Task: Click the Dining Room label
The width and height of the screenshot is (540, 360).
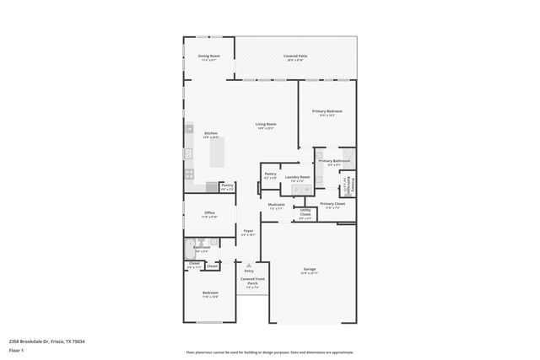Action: (208, 56)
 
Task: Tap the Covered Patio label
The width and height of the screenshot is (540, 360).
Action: (296, 56)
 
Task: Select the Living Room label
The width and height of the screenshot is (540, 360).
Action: (267, 125)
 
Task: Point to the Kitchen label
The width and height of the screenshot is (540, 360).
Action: (211, 133)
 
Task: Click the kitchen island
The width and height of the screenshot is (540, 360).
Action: (218, 153)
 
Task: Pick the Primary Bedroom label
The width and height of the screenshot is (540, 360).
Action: (327, 111)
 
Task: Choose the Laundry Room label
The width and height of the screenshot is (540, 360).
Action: (300, 177)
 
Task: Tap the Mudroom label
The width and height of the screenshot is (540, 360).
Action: (276, 205)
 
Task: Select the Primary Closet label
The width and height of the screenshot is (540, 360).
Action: (333, 204)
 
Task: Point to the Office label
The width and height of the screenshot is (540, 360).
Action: (209, 213)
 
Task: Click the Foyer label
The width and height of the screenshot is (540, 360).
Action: (248, 231)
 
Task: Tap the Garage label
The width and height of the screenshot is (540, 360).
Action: (310, 270)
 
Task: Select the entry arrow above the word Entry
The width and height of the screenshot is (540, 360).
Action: (249, 264)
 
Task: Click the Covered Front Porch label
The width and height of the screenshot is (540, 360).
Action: (252, 282)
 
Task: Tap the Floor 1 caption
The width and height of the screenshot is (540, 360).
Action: (16, 349)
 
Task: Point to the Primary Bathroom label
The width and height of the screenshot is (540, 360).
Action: (334, 160)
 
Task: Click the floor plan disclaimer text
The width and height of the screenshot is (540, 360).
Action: (270, 352)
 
